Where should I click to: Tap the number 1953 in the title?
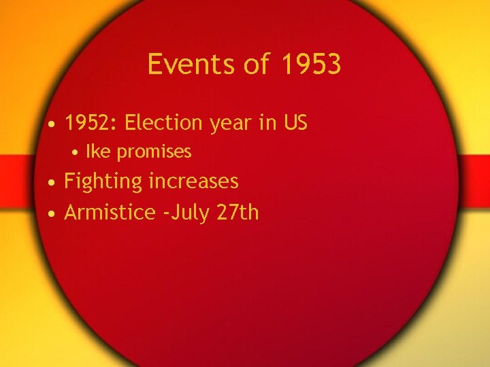pyautogui.click(x=310, y=65)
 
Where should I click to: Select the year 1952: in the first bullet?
pyautogui.click(x=91, y=123)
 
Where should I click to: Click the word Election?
pyautogui.click(x=164, y=123)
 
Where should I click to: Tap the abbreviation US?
pyautogui.click(x=295, y=123)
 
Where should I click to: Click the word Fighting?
pyautogui.click(x=103, y=182)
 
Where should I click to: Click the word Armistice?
pyautogui.click(x=110, y=212)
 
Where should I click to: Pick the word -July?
pyautogui.click(x=186, y=213)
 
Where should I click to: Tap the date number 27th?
pyautogui.click(x=238, y=212)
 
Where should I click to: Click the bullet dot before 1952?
pyautogui.click(x=52, y=124)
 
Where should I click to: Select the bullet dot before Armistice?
pyautogui.click(x=52, y=213)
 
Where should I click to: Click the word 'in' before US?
pyautogui.click(x=269, y=123)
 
